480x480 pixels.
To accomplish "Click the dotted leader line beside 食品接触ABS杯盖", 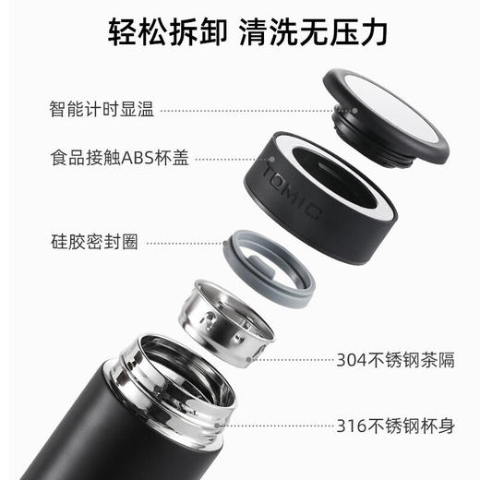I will click(x=222, y=158).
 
